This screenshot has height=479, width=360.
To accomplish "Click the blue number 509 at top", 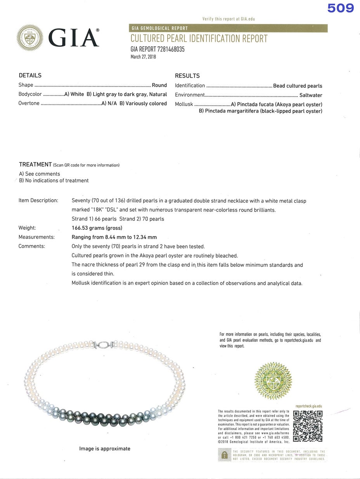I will tap(340, 8).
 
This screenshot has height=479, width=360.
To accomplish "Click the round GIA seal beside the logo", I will tap(30, 38).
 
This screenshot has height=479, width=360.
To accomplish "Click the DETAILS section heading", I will tap(30, 75).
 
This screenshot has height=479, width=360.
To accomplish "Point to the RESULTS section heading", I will tap(187, 76).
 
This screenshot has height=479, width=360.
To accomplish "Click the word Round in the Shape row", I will tap(159, 85).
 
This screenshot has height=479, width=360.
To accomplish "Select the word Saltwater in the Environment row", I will tap(310, 95).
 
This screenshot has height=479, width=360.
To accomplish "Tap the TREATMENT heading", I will tap(35, 164).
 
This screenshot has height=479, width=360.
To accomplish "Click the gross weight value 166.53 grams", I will tap(97, 228).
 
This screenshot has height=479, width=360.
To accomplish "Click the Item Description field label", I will tap(38, 201).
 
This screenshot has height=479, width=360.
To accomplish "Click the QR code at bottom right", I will tap(308, 426).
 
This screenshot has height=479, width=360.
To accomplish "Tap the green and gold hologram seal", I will tap(273, 380).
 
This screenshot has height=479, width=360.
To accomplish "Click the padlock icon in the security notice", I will tap(224, 455).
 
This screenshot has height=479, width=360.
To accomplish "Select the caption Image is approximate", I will tap(105, 449).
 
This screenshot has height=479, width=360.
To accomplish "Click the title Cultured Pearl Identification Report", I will tap(199, 38).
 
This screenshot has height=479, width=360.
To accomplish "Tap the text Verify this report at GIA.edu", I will tap(228, 19).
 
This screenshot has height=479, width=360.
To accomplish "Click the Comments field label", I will tap(32, 246).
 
